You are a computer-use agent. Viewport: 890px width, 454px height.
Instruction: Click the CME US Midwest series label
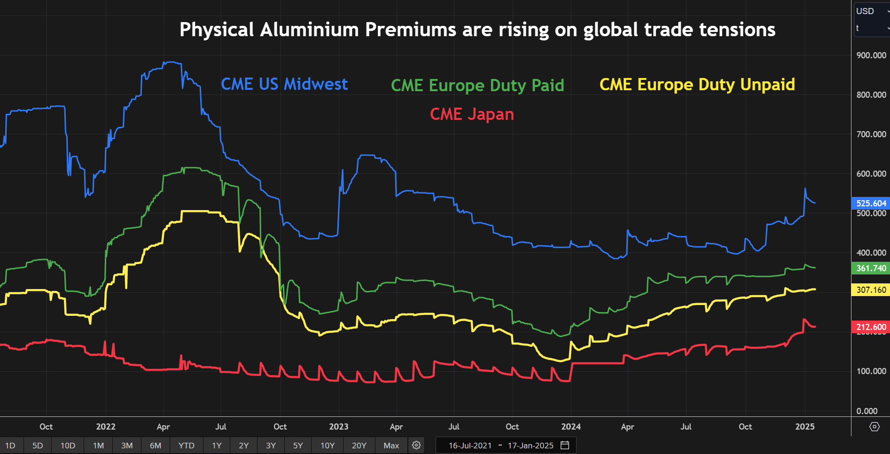coord(284,84)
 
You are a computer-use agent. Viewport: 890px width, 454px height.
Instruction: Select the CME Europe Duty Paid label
coord(477,86)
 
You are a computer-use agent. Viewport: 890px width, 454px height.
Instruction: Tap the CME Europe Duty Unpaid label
coord(697,85)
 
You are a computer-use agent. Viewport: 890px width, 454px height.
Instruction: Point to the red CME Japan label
coord(472,114)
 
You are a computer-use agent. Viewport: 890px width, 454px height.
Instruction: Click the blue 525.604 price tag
coord(871,204)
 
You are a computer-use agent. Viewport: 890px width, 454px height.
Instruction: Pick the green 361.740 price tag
coord(871,268)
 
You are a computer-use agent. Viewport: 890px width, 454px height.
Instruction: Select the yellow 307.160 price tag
coord(871,290)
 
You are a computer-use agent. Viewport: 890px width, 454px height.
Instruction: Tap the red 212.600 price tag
coord(871,327)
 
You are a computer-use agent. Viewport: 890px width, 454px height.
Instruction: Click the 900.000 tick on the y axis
coord(871,55)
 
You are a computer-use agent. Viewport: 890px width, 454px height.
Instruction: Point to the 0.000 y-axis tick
coord(867,411)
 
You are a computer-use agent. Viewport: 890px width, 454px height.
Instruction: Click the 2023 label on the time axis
coord(338,427)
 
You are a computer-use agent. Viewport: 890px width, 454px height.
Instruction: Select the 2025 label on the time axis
coord(804,427)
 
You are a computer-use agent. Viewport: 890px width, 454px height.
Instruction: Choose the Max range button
coord(391,446)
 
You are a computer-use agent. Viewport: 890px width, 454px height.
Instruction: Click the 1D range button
coord(10,446)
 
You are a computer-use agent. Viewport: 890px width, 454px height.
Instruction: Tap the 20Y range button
coord(359,446)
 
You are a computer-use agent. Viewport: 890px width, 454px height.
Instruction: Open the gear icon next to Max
coord(416,445)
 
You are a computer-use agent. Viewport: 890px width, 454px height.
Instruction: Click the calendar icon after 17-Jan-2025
coord(565,445)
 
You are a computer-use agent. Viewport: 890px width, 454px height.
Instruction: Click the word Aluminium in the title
coord(309,30)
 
